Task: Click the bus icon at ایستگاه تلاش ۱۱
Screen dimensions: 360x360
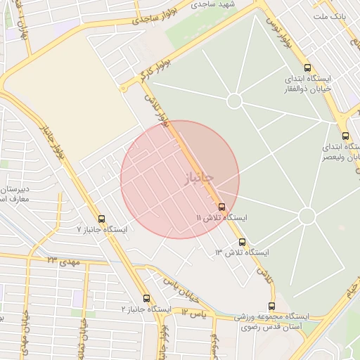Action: coord(222,207)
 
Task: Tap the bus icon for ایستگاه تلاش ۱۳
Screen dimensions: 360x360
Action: coord(243,242)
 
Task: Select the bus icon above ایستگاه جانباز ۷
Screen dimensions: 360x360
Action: coord(102,219)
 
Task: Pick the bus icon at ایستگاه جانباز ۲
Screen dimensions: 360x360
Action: coord(146,298)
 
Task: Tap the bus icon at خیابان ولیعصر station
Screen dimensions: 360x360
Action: coord(345,136)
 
